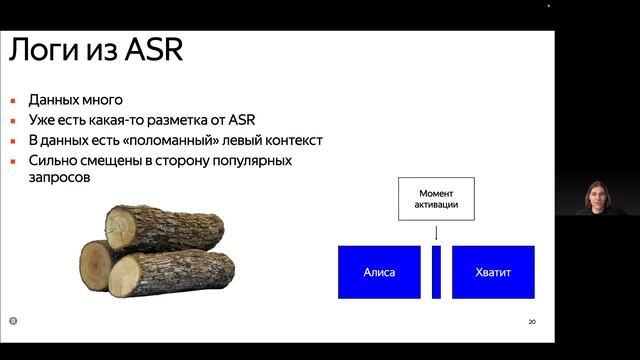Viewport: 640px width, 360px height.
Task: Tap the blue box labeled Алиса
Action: click(x=379, y=272)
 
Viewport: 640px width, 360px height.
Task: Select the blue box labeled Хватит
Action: click(x=492, y=272)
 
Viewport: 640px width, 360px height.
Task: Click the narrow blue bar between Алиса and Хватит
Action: click(x=436, y=272)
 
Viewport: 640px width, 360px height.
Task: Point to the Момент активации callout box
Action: click(x=435, y=198)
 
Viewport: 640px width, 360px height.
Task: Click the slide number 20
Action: click(x=531, y=322)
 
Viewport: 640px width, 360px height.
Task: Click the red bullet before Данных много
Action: click(x=14, y=101)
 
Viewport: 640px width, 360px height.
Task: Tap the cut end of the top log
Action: click(x=122, y=228)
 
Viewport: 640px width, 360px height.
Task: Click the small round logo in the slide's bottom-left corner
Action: click(x=13, y=321)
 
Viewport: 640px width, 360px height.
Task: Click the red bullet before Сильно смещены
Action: click(x=14, y=160)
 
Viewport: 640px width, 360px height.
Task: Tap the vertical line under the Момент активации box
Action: click(x=435, y=232)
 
